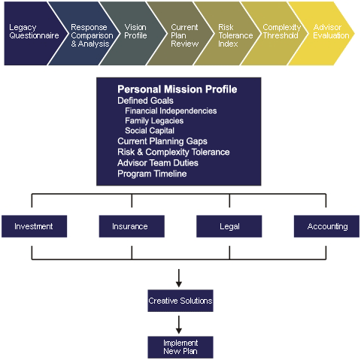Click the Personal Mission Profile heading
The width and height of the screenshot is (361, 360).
pyautogui.click(x=177, y=89)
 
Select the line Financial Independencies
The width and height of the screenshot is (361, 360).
pyautogui.click(x=171, y=110)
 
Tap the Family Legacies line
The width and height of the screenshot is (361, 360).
pyautogui.click(x=154, y=121)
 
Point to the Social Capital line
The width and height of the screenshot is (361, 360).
pyautogui.click(x=150, y=131)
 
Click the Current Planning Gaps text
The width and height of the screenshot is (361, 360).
pyautogui.click(x=162, y=141)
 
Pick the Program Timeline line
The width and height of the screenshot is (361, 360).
pyautogui.click(x=152, y=174)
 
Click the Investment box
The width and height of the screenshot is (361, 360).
pyautogui.click(x=35, y=226)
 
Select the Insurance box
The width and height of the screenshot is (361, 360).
pyautogui.click(x=132, y=226)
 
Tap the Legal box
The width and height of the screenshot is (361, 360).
pyautogui.click(x=229, y=226)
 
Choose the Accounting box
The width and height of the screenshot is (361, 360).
pyautogui.click(x=326, y=226)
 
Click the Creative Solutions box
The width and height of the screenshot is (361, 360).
pyautogui.click(x=180, y=301)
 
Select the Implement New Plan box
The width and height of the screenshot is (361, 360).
pyautogui.click(x=180, y=347)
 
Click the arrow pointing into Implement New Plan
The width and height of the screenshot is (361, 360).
pyautogui.click(x=179, y=325)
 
